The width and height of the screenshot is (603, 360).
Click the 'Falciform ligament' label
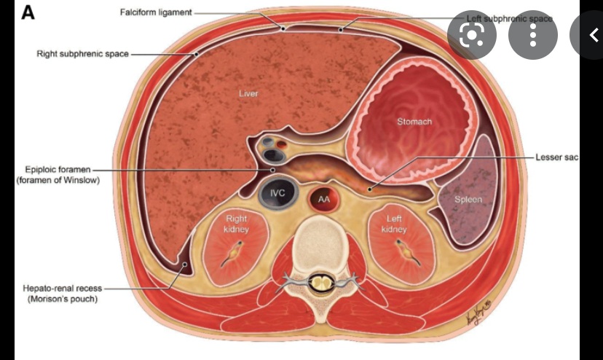155,13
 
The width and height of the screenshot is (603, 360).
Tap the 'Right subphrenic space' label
82,53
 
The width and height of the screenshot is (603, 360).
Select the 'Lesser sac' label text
556,157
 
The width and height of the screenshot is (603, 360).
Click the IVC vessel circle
277,192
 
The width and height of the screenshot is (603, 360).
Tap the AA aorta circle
323,198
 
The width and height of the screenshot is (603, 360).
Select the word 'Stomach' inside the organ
414,122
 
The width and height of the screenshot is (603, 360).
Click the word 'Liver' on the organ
248,93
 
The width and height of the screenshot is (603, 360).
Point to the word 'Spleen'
468,199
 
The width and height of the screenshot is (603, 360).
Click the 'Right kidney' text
237,223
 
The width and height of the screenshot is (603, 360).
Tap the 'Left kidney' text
393,223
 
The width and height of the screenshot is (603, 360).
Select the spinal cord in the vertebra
318,281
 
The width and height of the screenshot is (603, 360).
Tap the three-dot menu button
532,34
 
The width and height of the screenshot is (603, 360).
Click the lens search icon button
471,34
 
